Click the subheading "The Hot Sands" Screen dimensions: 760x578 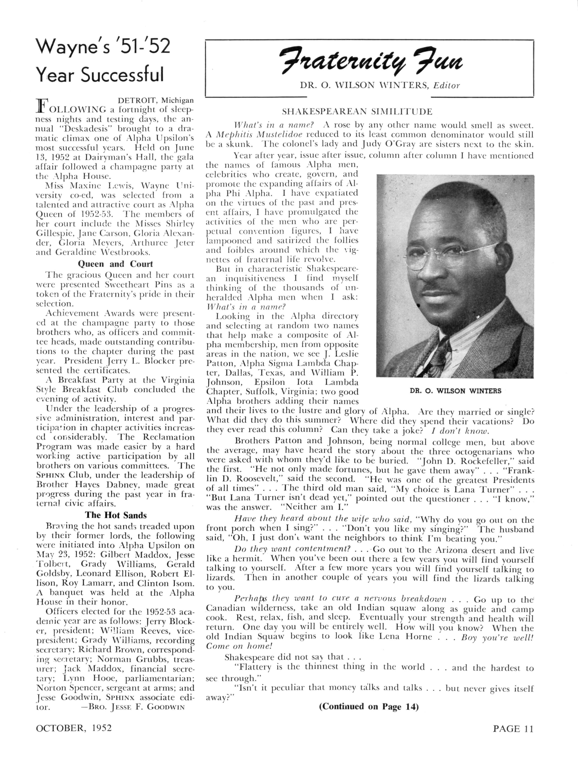(x=116, y=515)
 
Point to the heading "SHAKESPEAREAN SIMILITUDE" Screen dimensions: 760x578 (x=357, y=112)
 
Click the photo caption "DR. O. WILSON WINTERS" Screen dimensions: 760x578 (x=455, y=391)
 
